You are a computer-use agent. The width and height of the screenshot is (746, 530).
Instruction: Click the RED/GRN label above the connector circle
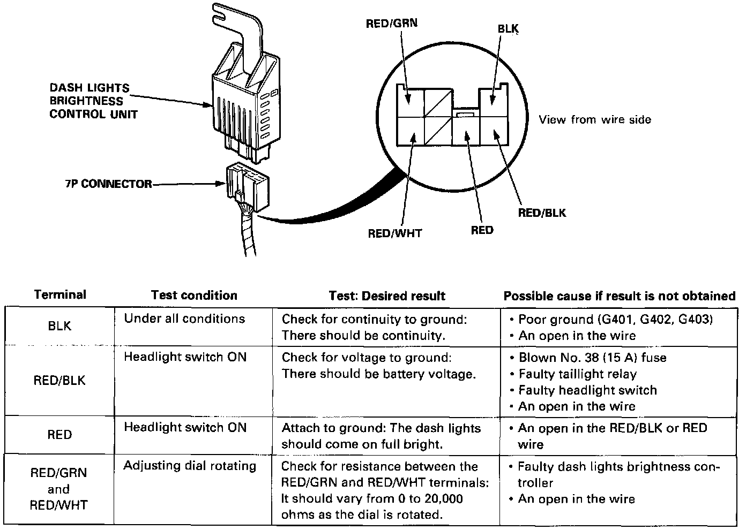click(x=391, y=24)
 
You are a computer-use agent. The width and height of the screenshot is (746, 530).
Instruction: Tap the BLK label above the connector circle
click(x=508, y=29)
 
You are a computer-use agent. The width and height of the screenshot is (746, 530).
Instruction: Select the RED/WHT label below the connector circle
click(x=394, y=233)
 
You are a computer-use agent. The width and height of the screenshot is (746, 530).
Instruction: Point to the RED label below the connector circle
click(x=482, y=231)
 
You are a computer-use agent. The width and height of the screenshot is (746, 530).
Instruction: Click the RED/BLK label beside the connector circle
click(x=542, y=213)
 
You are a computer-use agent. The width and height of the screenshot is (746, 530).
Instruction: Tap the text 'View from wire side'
click(x=595, y=119)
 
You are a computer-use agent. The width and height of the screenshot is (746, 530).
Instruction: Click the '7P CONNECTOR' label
click(x=109, y=184)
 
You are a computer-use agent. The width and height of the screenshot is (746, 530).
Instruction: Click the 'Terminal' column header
click(x=59, y=295)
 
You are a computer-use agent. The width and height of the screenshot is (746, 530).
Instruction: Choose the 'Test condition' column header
click(x=194, y=296)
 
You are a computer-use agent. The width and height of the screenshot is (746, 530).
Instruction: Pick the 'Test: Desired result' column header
click(x=387, y=296)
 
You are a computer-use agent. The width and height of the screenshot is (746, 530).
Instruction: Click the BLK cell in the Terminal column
click(x=59, y=326)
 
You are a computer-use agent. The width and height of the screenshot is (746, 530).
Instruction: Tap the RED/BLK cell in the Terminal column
click(x=59, y=381)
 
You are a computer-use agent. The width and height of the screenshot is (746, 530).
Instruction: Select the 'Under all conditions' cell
click(x=184, y=319)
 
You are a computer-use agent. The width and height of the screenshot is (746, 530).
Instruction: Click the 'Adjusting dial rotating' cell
click(x=190, y=466)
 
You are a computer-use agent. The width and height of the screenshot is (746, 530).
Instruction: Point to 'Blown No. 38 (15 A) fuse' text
click(x=592, y=358)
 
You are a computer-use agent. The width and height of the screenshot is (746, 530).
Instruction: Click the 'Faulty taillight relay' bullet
click(x=577, y=374)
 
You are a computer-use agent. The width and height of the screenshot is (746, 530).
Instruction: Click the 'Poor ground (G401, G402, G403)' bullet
click(x=615, y=320)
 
